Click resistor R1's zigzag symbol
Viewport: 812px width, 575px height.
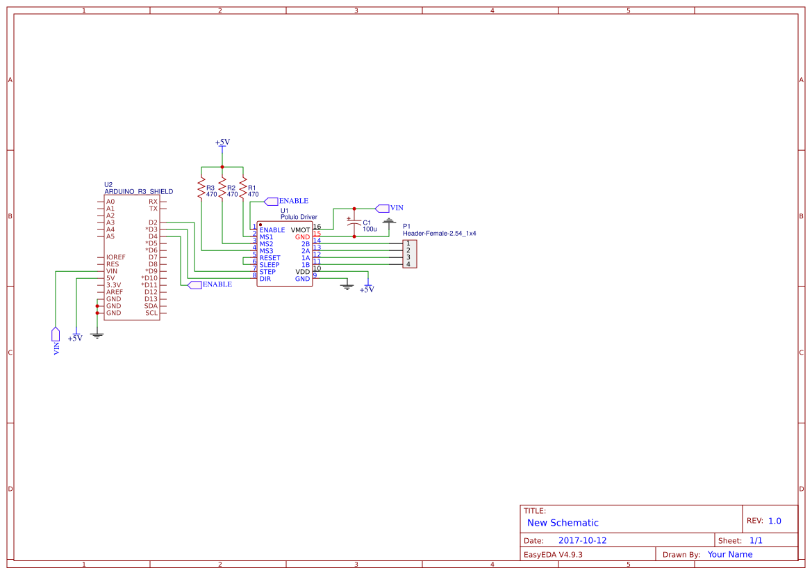tap(243, 188)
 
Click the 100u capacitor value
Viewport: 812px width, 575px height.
tap(370, 229)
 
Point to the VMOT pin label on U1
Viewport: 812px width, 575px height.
tap(301, 230)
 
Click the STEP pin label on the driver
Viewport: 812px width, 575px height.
tap(267, 272)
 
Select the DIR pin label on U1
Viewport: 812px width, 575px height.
tap(265, 279)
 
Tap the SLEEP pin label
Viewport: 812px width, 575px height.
tap(270, 265)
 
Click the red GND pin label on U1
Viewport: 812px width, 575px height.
tap(302, 237)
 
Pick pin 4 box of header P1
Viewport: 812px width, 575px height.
tap(408, 264)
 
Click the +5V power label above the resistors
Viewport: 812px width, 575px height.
tap(222, 143)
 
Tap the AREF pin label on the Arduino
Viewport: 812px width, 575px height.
tap(115, 292)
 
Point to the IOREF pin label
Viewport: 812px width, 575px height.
tap(116, 257)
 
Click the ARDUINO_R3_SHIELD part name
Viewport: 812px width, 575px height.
tap(139, 191)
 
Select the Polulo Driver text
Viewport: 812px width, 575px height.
tap(299, 217)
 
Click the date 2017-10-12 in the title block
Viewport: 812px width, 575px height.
tap(583, 540)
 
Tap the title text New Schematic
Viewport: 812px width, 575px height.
tap(563, 523)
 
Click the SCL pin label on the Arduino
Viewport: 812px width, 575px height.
tap(151, 313)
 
